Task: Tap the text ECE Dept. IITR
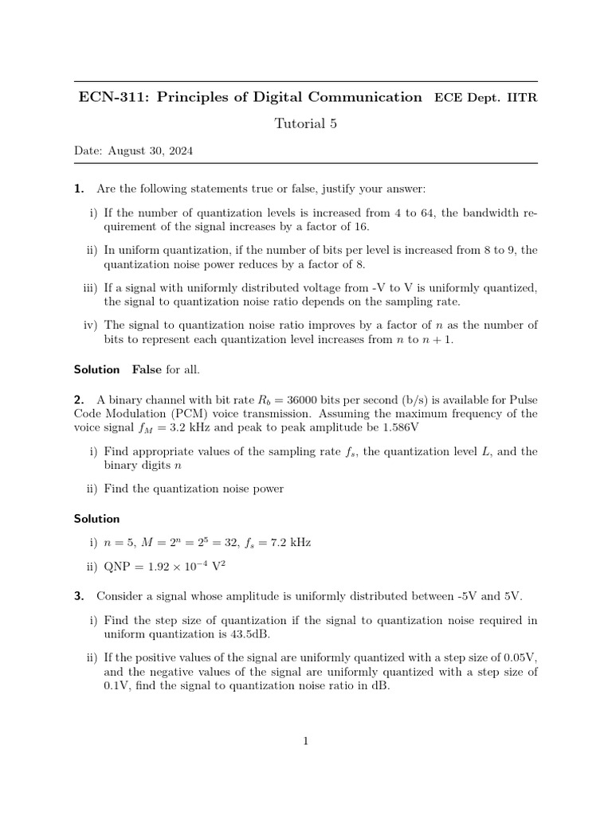point(485,98)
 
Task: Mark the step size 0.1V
point(117,686)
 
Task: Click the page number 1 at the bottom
point(305,742)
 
